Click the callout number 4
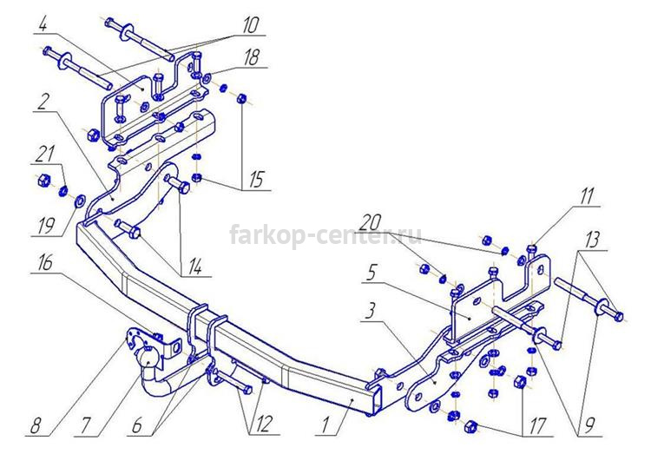click(x=43, y=26)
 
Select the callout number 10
click(x=249, y=25)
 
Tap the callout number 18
click(x=252, y=57)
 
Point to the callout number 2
click(x=42, y=102)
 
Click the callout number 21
click(x=44, y=154)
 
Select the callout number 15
click(x=257, y=180)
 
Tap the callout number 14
click(x=194, y=267)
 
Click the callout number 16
click(x=45, y=263)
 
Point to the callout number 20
click(x=370, y=223)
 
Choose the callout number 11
click(x=587, y=196)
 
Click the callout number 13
click(x=593, y=240)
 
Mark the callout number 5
click(x=372, y=273)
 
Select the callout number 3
click(x=371, y=310)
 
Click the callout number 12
click(x=263, y=425)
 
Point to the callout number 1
click(x=325, y=425)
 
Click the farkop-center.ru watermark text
click(x=325, y=235)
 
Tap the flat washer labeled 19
click(x=79, y=201)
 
